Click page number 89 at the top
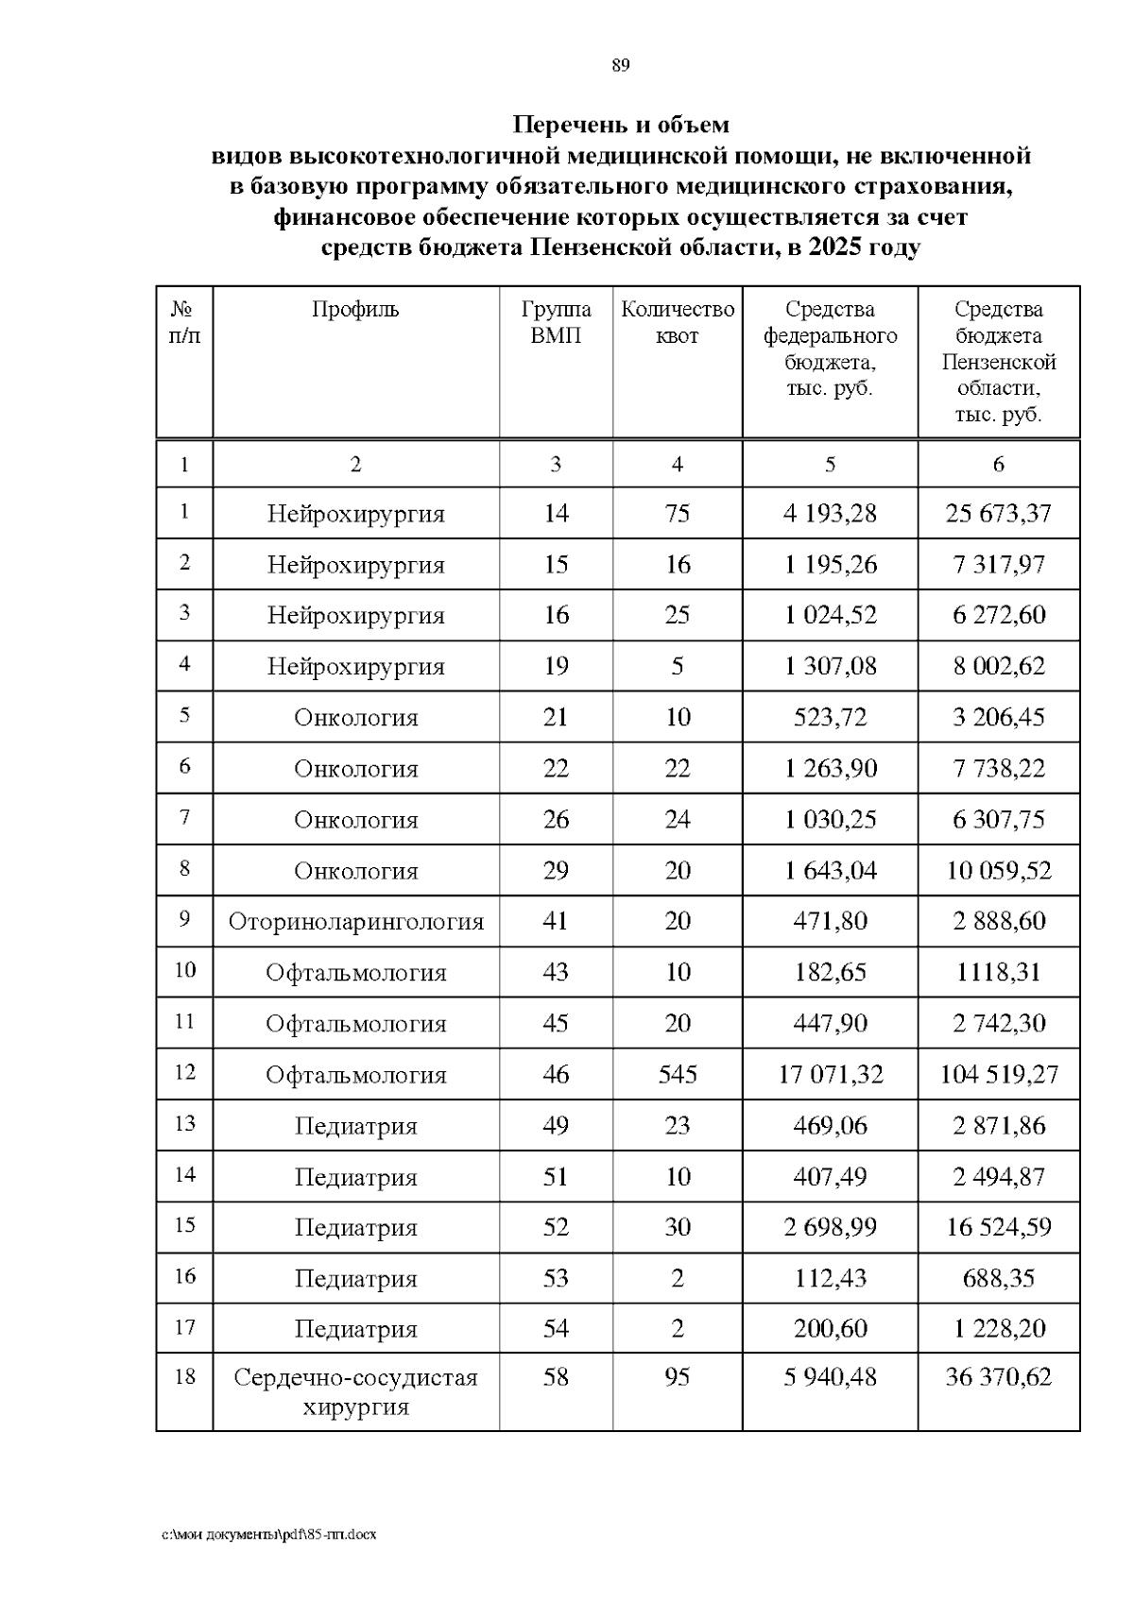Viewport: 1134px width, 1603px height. click(x=620, y=65)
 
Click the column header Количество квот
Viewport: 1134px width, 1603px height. click(x=677, y=323)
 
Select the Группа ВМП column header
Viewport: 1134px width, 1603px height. click(x=556, y=323)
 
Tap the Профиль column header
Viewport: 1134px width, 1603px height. click(x=355, y=310)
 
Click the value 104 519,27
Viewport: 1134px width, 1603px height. click(x=999, y=1075)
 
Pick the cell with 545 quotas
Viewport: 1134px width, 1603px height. click(x=678, y=1075)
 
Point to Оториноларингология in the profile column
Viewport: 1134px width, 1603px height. click(x=355, y=922)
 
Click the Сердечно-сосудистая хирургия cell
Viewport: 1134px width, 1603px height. click(x=355, y=1392)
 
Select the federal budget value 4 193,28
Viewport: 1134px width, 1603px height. click(x=830, y=514)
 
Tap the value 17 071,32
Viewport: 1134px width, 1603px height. click(x=830, y=1075)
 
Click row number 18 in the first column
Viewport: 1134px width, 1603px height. click(x=184, y=1377)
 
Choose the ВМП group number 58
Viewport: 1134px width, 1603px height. click(x=556, y=1377)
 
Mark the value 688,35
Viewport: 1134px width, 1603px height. click(x=999, y=1279)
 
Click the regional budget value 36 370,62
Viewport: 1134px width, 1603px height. click(x=999, y=1377)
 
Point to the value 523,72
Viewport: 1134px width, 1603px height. click(x=830, y=718)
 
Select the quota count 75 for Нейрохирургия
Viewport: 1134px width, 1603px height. click(x=678, y=514)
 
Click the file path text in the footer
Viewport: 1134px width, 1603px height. click(x=269, y=1535)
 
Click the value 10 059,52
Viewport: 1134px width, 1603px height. click(x=999, y=871)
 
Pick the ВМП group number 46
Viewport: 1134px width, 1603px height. click(x=556, y=1075)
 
